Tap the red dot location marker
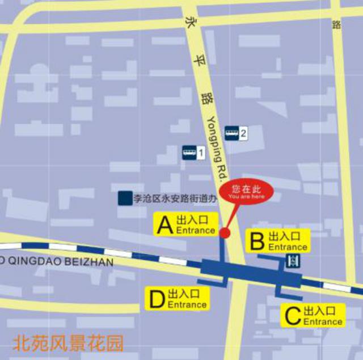225,233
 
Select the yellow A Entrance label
187,225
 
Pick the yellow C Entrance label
314,316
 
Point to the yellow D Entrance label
178,299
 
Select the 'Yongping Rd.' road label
218,145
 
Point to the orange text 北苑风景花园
67,344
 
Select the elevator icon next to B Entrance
293,261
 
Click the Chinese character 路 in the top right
337,24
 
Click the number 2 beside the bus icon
243,134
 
